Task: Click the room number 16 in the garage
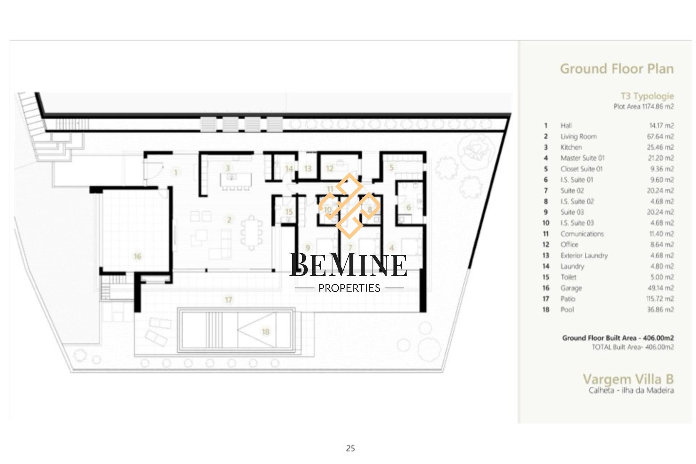137,256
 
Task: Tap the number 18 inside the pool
266,332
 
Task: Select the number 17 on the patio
228,300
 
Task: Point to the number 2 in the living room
229,220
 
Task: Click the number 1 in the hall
176,172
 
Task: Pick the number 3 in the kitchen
228,168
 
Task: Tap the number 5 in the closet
391,167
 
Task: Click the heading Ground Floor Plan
617,69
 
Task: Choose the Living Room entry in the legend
579,137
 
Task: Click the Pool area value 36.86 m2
660,310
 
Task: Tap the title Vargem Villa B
628,379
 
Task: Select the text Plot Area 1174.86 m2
644,107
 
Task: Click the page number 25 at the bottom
350,448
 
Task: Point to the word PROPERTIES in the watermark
349,288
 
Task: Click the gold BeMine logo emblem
349,206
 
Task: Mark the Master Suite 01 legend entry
583,158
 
